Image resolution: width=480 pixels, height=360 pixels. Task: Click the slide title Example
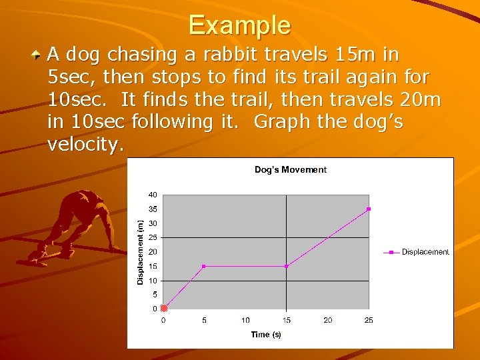[239, 25]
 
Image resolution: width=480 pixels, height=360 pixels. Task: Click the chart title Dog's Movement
[291, 170]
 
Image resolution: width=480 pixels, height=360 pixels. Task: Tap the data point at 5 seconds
[204, 266]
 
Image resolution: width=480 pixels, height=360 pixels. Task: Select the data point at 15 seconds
[286, 266]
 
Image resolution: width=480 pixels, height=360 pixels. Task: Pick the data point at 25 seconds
[369, 209]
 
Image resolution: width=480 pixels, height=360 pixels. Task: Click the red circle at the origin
[163, 308]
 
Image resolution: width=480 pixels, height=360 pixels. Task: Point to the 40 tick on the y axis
[153, 195]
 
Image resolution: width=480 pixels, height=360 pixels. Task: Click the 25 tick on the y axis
[153, 237]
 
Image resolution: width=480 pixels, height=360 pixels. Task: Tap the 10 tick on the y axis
[153, 280]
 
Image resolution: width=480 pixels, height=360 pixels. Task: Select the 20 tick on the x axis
[328, 321]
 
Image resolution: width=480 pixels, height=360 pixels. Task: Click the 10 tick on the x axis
[245, 321]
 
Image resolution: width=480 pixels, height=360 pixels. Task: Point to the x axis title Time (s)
[266, 335]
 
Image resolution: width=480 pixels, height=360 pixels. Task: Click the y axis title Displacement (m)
[140, 252]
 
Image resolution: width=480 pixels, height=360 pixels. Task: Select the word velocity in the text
[85, 145]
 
